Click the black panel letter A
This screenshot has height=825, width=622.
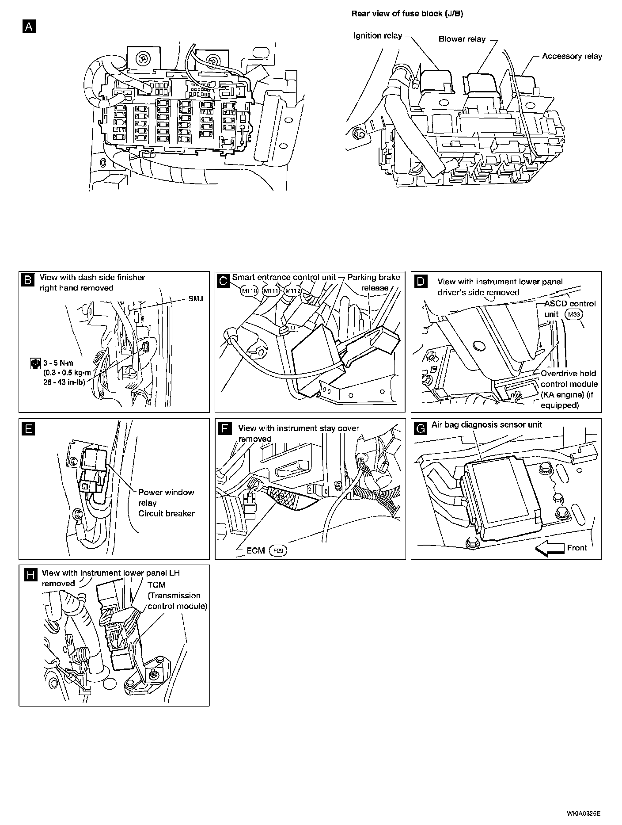tap(29, 27)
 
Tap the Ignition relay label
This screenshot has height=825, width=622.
tap(378, 35)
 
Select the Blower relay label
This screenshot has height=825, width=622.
tap(462, 39)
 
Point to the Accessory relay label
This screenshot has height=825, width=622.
tap(572, 56)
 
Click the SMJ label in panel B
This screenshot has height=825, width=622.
tap(196, 298)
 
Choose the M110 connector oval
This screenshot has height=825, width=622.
tap(249, 291)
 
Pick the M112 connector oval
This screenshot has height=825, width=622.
tap(292, 291)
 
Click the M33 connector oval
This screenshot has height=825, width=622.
tap(574, 314)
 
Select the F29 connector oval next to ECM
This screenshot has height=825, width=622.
tap(278, 551)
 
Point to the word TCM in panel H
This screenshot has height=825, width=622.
tap(156, 584)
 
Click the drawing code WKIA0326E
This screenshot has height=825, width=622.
tap(584, 813)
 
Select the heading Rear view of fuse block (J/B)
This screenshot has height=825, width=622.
tap(407, 14)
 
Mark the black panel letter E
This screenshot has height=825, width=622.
tap(29, 429)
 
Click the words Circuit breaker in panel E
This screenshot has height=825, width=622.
tap(166, 514)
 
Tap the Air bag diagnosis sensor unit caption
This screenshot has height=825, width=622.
tap(487, 425)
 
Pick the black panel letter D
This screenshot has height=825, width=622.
tap(422, 282)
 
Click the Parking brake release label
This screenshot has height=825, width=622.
tap(373, 283)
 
